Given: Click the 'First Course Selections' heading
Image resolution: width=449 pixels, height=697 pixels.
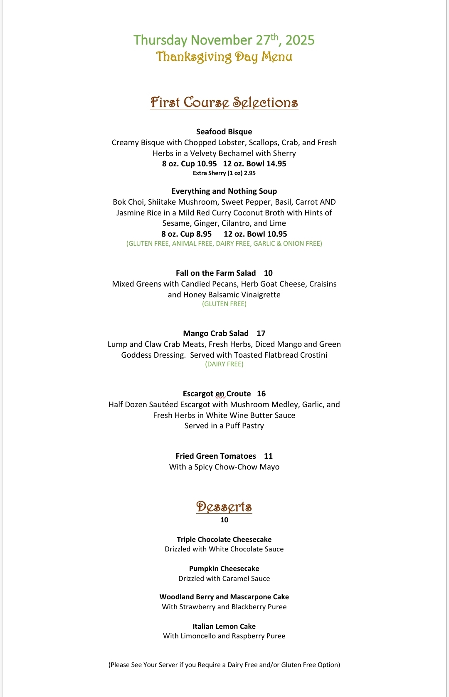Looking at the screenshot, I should coord(224,102).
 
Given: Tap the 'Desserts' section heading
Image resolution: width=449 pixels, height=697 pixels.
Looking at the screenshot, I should coord(224,507).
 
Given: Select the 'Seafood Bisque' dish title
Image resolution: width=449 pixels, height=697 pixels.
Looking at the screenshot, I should coord(224,132).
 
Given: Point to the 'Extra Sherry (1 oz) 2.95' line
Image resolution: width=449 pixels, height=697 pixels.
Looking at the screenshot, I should coord(224,173).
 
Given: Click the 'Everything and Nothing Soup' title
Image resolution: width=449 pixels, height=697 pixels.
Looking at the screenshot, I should coord(224,191).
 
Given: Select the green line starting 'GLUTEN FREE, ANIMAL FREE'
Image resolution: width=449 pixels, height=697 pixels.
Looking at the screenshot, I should coord(224,244).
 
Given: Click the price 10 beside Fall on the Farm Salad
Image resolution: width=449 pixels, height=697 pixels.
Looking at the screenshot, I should coord(268,273).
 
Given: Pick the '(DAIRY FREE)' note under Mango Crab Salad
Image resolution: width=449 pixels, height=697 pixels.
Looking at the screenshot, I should coord(224,364).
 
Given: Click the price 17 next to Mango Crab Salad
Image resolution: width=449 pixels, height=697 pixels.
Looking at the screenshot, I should coord(261,334).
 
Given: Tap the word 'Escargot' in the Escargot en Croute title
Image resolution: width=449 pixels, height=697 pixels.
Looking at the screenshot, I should coord(197,394).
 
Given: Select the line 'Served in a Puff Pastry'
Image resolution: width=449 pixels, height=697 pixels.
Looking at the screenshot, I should coord(224,426).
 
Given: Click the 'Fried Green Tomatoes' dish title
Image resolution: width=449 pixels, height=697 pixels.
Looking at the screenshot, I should coord(216,456).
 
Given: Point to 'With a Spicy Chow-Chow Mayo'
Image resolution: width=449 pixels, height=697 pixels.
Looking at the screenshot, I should coord(224,467).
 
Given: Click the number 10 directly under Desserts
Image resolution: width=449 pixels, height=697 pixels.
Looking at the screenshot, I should coord(224,520).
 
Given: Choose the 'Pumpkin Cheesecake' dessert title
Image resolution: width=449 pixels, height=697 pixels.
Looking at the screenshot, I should coord(224,568).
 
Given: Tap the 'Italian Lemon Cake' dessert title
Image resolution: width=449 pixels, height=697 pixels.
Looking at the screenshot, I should coord(224,626).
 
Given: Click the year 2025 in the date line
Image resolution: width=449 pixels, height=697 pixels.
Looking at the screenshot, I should coord(300,40).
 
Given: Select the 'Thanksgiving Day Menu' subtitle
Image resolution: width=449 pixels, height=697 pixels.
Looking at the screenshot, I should coord(224,57).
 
